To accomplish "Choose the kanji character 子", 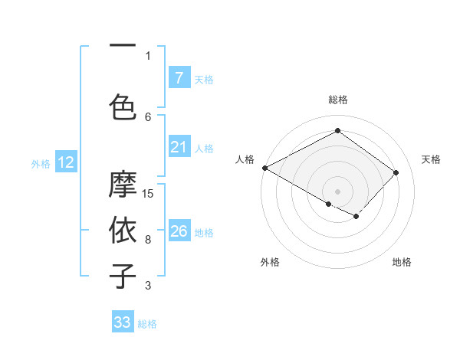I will [123, 276].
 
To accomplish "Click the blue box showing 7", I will [179, 78].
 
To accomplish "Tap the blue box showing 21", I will [179, 147].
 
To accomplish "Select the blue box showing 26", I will [179, 231].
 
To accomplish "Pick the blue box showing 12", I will [65, 162].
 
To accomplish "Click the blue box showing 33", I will [123, 322].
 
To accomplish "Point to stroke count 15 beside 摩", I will [149, 193].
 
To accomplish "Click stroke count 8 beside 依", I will [148, 239].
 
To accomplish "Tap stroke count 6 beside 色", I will [148, 116].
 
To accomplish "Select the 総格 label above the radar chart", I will [337, 100].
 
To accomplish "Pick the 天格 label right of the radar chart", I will [431, 159].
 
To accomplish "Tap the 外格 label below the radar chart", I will [270, 262].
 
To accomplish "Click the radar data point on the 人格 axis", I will [264, 168].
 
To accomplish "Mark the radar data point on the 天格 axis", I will [396, 172].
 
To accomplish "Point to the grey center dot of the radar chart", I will [337, 191].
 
